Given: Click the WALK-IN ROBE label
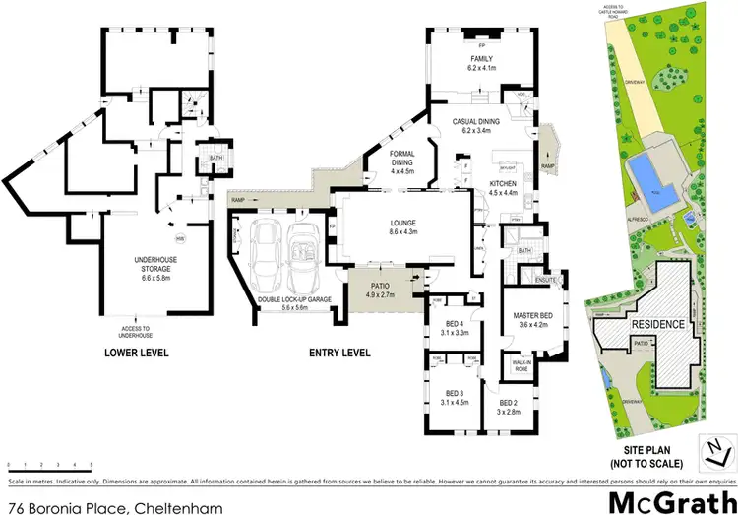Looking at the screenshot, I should pos(522,365).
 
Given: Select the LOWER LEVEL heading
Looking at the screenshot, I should pos(137,353).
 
